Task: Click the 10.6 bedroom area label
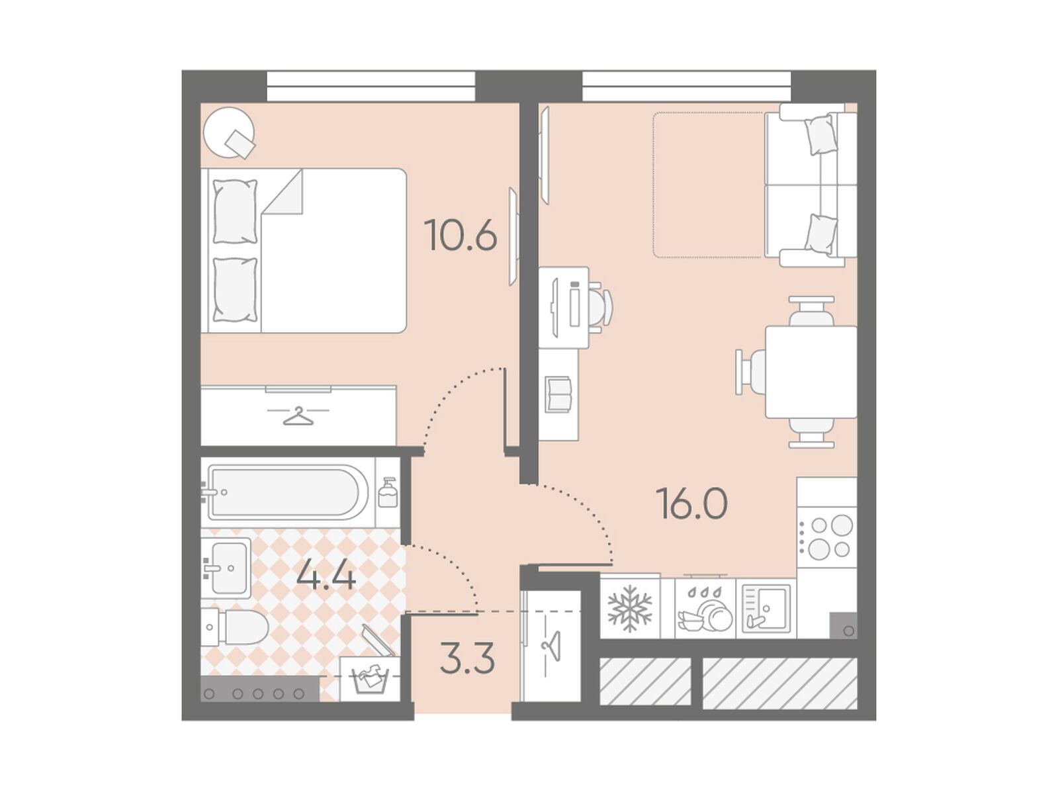tap(460, 235)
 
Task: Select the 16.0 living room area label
tap(692, 503)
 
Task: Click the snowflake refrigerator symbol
tap(629, 609)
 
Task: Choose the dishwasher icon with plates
tap(705, 609)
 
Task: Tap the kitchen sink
tap(766, 609)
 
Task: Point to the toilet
tap(235, 628)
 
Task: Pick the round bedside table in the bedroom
tap(228, 132)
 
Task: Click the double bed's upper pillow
tap(235, 211)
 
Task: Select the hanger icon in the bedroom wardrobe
tap(298, 416)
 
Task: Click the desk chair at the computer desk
tap(601, 307)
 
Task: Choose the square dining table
tap(811, 372)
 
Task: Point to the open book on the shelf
tap(558, 394)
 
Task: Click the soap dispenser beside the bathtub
tap(388, 492)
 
